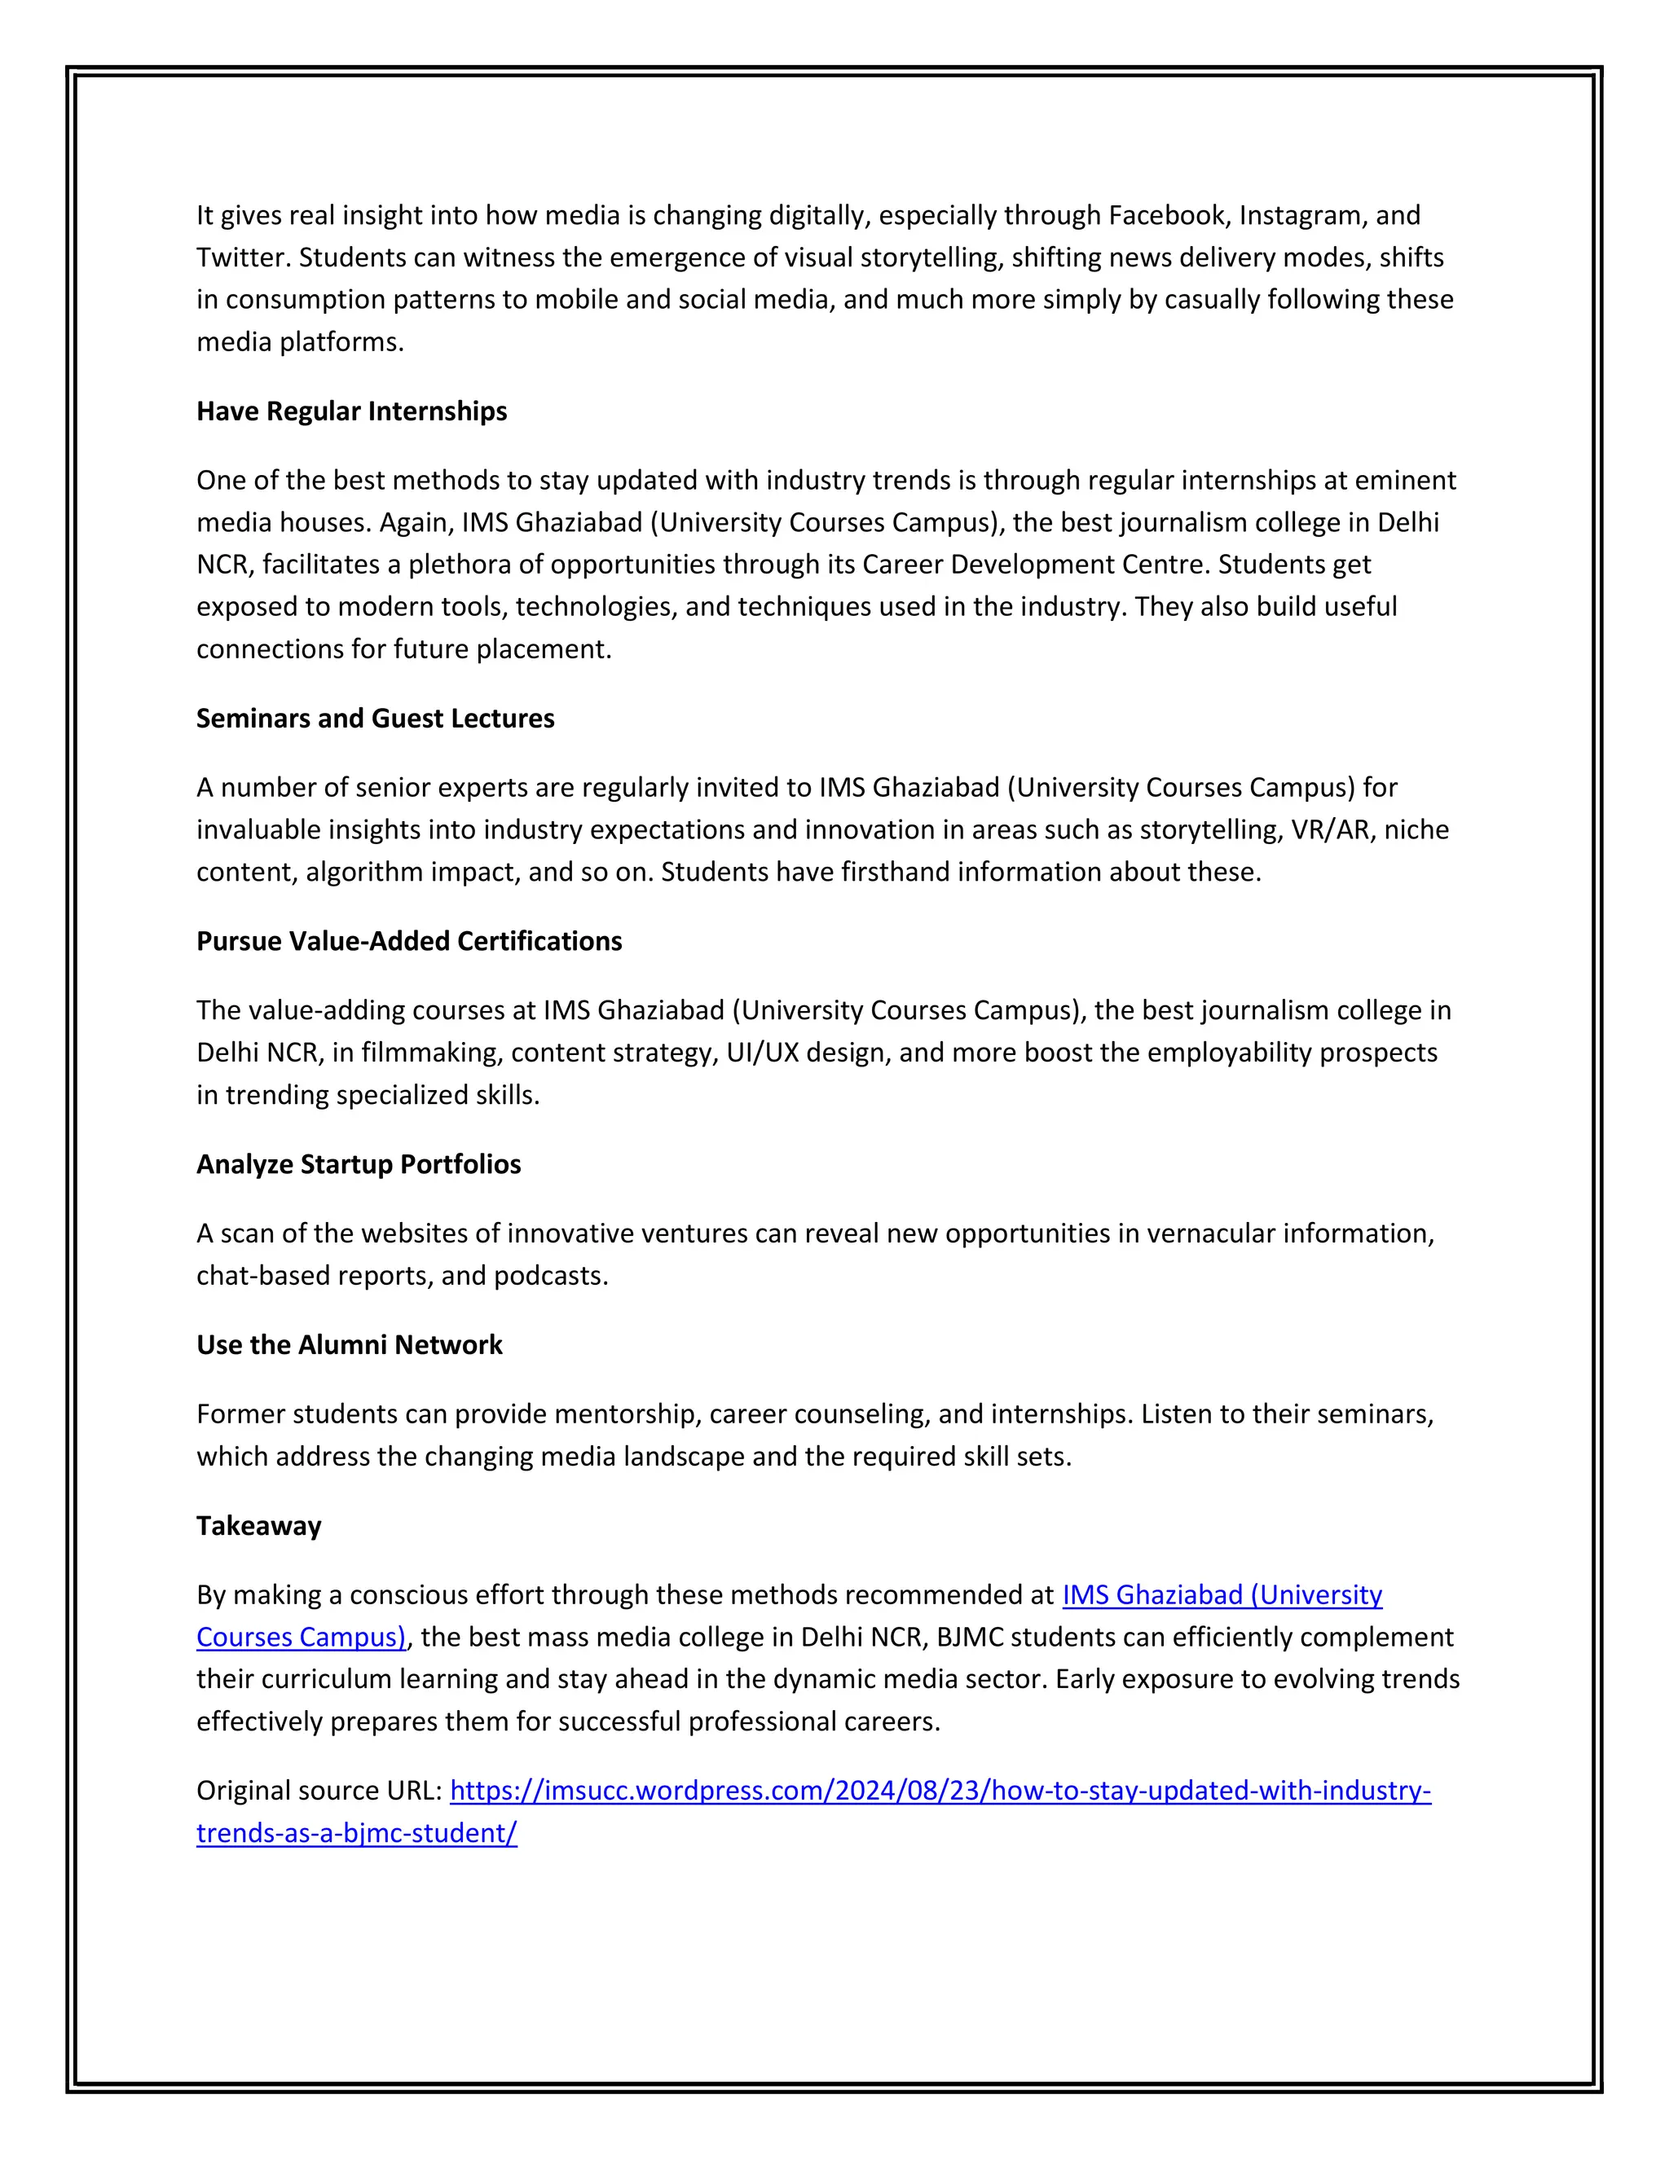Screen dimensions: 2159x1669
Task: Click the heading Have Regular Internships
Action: point(351,411)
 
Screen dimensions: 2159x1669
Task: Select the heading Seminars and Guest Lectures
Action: point(375,719)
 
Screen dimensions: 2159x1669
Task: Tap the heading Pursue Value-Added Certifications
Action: point(408,941)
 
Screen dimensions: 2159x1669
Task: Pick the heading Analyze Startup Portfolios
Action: point(358,1164)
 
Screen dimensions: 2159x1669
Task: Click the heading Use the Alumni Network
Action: point(349,1345)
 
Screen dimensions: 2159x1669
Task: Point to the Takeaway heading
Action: point(258,1526)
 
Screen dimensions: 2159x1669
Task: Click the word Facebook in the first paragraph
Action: point(1169,216)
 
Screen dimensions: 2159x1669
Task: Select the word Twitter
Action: point(242,258)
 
